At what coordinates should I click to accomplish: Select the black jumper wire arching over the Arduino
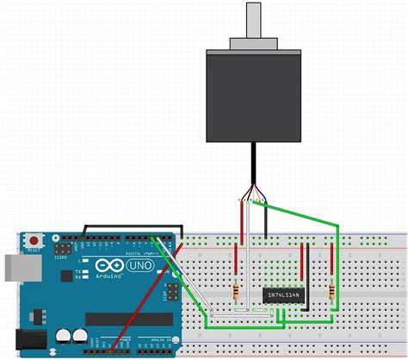click(x=129, y=227)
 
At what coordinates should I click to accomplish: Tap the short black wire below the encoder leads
click(x=267, y=222)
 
